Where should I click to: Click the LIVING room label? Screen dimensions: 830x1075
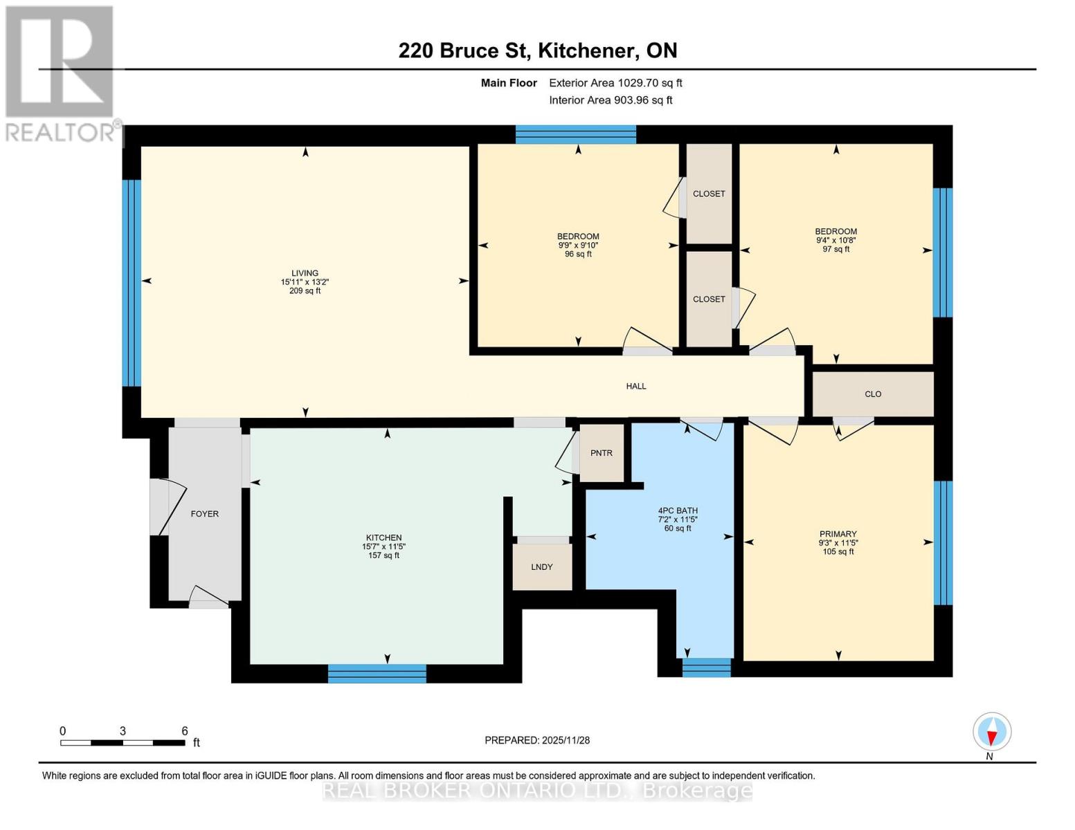click(x=305, y=273)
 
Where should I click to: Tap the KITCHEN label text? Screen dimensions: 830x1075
click(x=383, y=538)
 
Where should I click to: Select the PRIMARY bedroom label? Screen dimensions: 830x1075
click(x=838, y=534)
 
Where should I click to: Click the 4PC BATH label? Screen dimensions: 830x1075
click(x=678, y=511)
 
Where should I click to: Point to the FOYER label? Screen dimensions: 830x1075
click(x=204, y=514)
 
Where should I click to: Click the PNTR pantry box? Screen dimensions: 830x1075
click(x=602, y=453)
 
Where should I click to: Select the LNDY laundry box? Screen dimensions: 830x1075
click(x=542, y=566)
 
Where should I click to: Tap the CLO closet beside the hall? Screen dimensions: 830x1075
click(x=873, y=394)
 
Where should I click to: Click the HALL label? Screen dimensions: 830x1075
click(x=636, y=387)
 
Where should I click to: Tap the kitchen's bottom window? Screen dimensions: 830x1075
click(x=377, y=673)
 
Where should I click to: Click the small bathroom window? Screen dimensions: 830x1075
click(x=706, y=667)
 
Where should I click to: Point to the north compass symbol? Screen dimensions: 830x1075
click(x=992, y=732)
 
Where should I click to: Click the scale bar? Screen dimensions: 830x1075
click(x=123, y=743)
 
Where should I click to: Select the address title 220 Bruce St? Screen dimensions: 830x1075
click(x=537, y=50)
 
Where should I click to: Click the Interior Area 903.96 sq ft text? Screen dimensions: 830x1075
click(x=611, y=100)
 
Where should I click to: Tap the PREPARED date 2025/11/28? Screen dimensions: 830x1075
click(x=537, y=740)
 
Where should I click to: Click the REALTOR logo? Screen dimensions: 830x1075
click(x=61, y=73)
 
